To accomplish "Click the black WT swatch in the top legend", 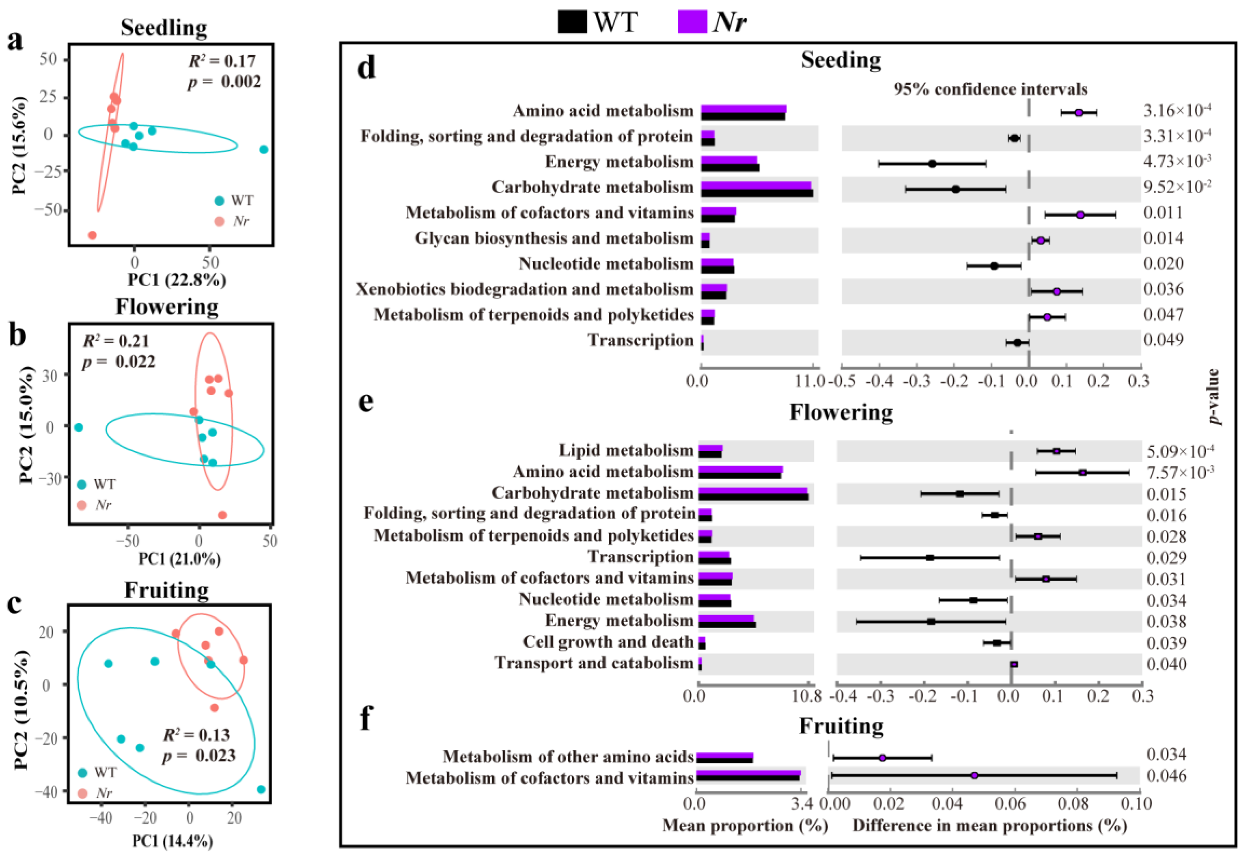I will tap(572, 23).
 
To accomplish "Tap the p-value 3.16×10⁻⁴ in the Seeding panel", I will tap(1177, 110).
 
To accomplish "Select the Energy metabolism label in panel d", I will tap(619, 162).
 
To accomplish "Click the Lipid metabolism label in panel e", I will tap(626, 450).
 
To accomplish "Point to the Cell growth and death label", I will tap(608, 642).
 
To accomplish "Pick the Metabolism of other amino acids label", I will tap(568, 756).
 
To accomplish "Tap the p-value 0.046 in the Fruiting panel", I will tap(1167, 776).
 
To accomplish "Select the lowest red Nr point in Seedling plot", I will tap(92, 235).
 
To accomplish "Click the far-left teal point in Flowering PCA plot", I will tap(79, 427).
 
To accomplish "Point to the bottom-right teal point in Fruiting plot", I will tap(261, 789).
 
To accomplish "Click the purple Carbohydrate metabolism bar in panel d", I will tap(756, 185).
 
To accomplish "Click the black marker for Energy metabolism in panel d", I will tap(932, 164).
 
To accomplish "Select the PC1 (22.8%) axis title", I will tap(177, 280).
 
